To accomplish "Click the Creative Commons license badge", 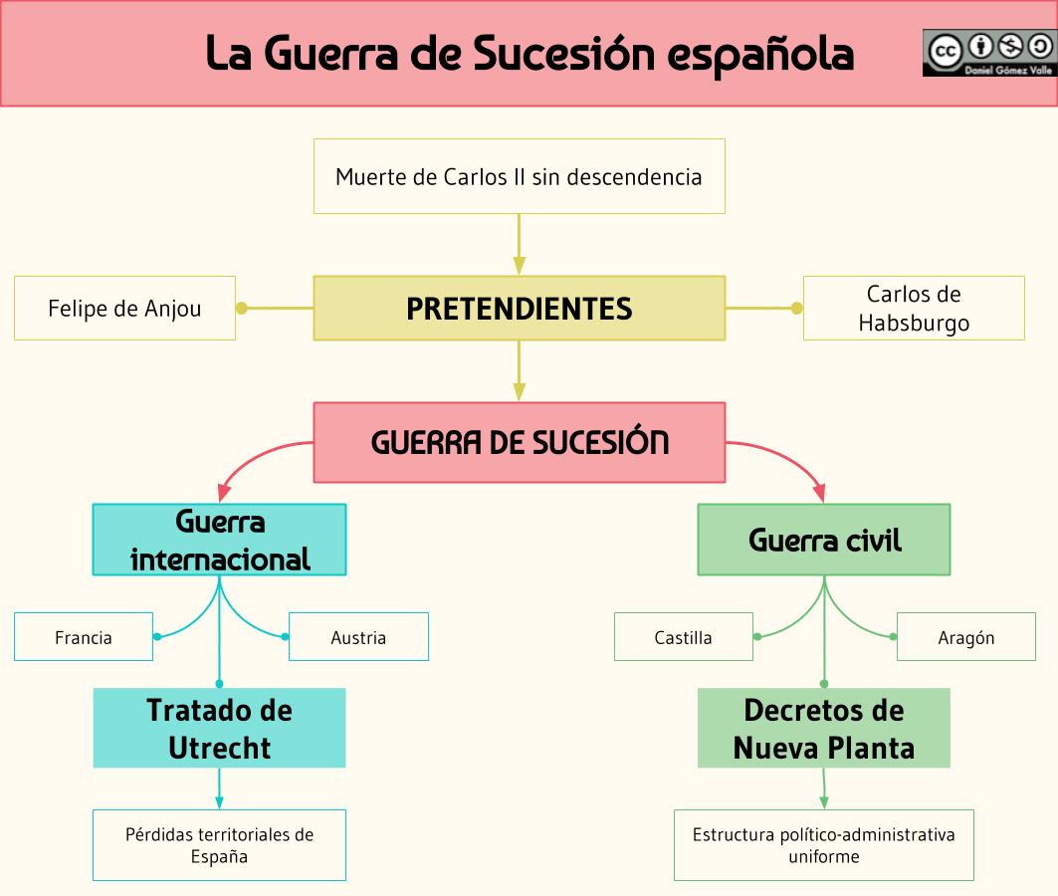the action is (x=988, y=53).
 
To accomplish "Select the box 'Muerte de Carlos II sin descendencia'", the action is (x=519, y=176).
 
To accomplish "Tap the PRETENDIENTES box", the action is (x=519, y=309).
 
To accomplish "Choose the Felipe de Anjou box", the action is (x=124, y=309).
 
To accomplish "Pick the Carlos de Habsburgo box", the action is (x=913, y=309).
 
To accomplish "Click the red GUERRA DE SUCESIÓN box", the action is (x=519, y=442).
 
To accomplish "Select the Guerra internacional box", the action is (x=219, y=540).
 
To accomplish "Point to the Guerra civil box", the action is (x=824, y=540).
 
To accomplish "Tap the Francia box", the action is (x=84, y=637).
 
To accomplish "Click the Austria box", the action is (x=358, y=637).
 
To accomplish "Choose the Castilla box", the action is (x=684, y=637).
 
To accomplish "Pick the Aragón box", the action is (x=965, y=637).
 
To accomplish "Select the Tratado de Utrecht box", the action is (x=219, y=728).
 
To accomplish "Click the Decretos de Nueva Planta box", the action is (x=824, y=728).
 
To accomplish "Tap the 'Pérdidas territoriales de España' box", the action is (x=219, y=845).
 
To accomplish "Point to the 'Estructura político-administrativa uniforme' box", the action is (x=824, y=845).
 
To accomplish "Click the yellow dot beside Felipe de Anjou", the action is (x=242, y=309).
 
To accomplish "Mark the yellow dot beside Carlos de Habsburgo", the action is (x=796, y=309).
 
